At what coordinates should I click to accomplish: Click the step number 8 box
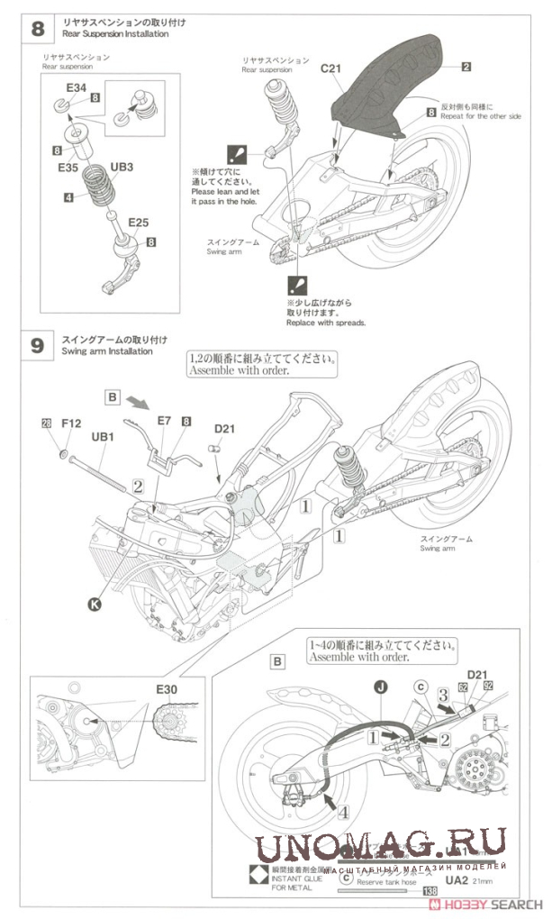coord(37,28)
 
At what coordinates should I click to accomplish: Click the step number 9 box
coord(37,346)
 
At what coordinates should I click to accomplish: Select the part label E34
coord(77,87)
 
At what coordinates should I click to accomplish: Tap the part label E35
coord(69,168)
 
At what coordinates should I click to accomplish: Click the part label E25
coord(138,222)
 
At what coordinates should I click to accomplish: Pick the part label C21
coord(334,68)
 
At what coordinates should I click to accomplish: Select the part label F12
coord(71,422)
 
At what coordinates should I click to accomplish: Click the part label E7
coord(164,421)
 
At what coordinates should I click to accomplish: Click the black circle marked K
coord(95,605)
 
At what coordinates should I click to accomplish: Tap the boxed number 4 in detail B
coord(347,811)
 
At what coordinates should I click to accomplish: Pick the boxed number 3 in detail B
coord(444,696)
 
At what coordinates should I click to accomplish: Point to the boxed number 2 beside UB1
coord(138,485)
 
